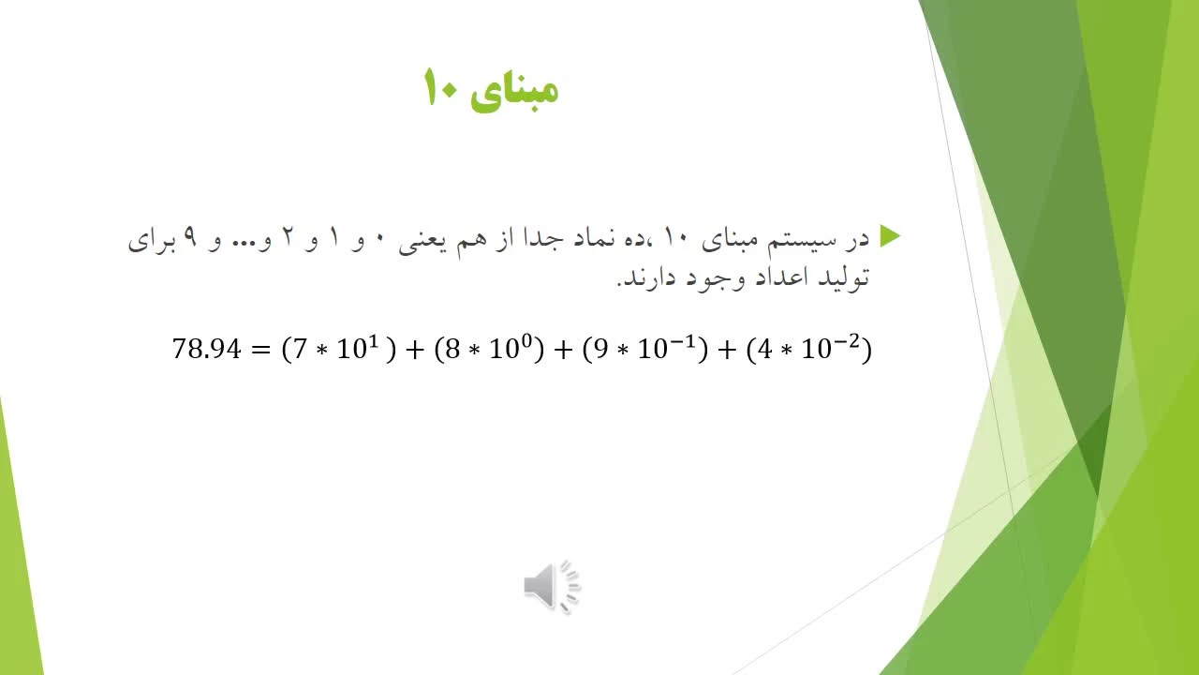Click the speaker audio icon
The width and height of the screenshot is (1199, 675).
point(553,587)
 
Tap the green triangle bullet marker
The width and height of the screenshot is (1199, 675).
point(890,236)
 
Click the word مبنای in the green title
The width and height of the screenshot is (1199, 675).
point(515,91)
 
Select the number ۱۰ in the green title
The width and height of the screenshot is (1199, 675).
point(440,87)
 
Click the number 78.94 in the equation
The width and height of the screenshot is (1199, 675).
point(207,349)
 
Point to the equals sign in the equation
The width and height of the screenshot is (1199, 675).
point(261,350)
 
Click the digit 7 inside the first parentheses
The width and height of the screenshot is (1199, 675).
point(299,349)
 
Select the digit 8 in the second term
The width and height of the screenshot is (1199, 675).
point(452,349)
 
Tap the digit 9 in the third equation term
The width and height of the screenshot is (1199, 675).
point(600,349)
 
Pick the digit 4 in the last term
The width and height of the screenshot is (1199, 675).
point(765,349)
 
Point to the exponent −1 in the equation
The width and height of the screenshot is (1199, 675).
point(684,340)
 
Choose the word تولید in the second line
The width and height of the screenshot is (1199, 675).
point(844,278)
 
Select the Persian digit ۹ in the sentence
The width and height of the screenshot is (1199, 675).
point(190,238)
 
